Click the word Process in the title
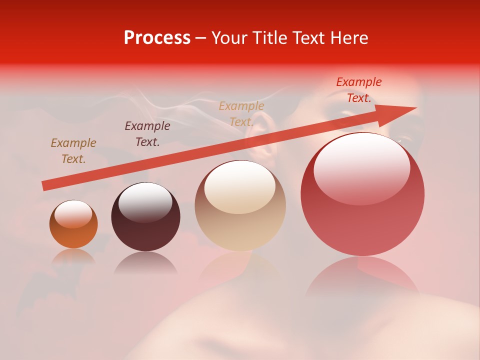click(x=157, y=38)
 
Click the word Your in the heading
click(x=228, y=38)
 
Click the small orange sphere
click(x=73, y=224)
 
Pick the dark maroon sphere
click(x=145, y=217)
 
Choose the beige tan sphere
click(x=240, y=205)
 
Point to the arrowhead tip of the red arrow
click(x=416, y=108)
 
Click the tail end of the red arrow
click(x=44, y=185)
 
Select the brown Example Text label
click(x=73, y=151)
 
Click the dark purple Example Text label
click(x=147, y=134)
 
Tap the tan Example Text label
click(x=241, y=114)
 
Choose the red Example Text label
click(x=358, y=90)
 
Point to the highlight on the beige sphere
click(x=240, y=186)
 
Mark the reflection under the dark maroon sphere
click(x=145, y=263)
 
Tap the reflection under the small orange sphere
click(x=73, y=257)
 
